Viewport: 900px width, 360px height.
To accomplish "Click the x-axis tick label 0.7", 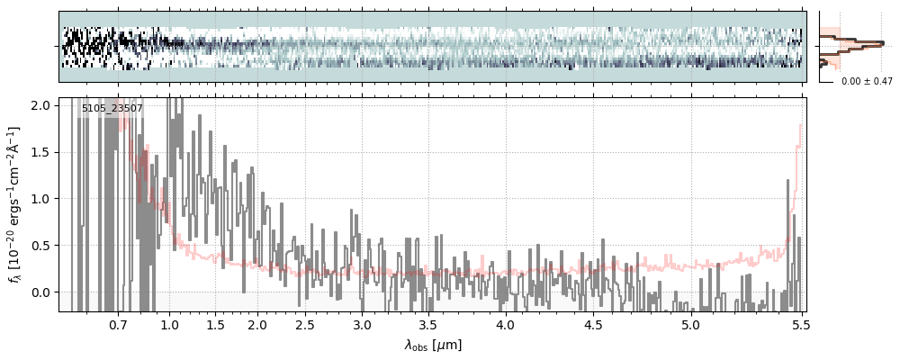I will point(118,324).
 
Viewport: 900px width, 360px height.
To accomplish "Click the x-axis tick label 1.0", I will point(169,324).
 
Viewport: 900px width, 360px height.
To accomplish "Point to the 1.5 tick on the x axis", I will point(216,324).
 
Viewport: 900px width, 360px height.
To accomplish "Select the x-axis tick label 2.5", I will point(305,324).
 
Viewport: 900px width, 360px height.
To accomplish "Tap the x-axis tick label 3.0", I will point(362,324).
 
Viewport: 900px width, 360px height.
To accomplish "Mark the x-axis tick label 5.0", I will point(690,324).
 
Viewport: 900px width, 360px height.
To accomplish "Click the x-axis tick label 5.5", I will point(797,324).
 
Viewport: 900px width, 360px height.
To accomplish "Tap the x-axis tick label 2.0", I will point(257,324).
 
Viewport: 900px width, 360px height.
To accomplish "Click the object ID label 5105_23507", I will point(112,109).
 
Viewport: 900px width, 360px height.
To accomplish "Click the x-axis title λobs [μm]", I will point(433,344).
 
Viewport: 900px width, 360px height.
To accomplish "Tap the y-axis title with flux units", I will point(15,205).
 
